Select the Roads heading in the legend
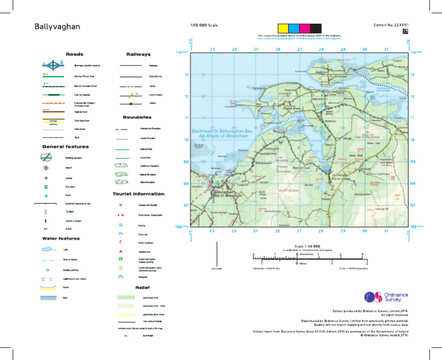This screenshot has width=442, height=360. tap(75, 54)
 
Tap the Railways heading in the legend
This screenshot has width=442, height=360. tap(138, 54)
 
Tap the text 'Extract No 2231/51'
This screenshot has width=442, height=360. tap(393, 26)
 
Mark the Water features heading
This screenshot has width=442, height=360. tap(61, 238)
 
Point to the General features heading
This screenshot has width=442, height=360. tap(64, 147)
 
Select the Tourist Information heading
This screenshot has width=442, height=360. tap(138, 194)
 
